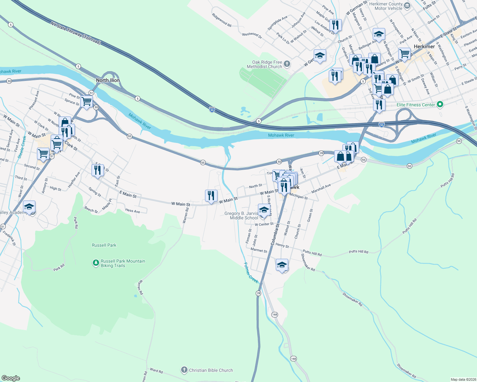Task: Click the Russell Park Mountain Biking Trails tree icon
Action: pos(96,263)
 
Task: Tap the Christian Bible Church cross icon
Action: pos(184,370)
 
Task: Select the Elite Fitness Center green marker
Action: pos(440,104)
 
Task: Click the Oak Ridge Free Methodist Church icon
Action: pos(287,64)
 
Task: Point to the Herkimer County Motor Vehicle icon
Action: pos(407,6)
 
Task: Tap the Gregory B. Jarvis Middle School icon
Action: pos(264,210)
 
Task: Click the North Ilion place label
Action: pos(108,80)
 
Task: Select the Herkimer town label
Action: pos(424,46)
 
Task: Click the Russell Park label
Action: pos(104,245)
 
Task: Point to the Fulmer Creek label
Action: pos(251,273)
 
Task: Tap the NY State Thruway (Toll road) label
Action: pos(76,33)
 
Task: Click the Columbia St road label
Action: pos(275,234)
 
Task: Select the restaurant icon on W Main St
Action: pos(211,196)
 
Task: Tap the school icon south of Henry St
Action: pos(282,265)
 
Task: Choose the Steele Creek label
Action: pos(22,147)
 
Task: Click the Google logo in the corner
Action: pos(11,378)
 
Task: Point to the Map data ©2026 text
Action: pos(463,379)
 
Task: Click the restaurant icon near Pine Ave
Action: pos(335,25)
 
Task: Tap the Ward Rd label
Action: pos(156,371)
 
